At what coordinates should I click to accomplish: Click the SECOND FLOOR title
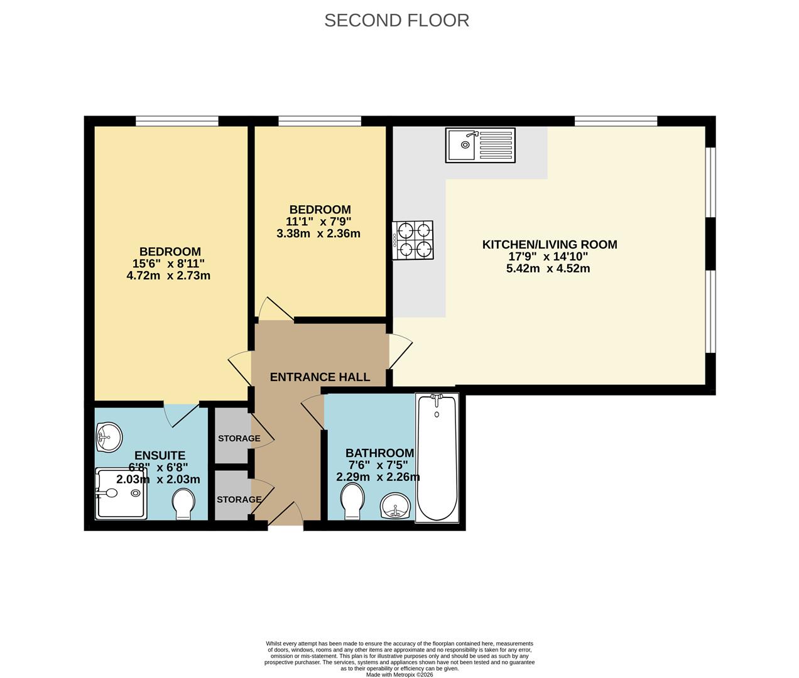point(396,20)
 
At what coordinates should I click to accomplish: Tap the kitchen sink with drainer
point(480,145)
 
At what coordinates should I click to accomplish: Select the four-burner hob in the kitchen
point(413,240)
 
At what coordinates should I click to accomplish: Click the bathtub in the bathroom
point(437,458)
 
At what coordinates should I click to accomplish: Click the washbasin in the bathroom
point(396,506)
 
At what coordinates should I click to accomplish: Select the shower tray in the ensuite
point(121,493)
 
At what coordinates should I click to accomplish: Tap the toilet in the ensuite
point(183,505)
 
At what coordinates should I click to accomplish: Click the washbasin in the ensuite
point(108,436)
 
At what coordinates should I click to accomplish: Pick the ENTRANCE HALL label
point(320,377)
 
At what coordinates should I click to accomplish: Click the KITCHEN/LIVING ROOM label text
point(550,245)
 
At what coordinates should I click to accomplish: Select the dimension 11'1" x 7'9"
point(318,222)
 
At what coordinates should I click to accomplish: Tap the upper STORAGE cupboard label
point(239,438)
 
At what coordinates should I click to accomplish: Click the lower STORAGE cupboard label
point(239,500)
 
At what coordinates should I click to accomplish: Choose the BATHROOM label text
point(379,453)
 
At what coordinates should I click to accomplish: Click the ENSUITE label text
point(160,456)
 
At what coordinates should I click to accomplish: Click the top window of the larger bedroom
point(177,121)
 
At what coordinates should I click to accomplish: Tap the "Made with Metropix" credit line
point(399,674)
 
